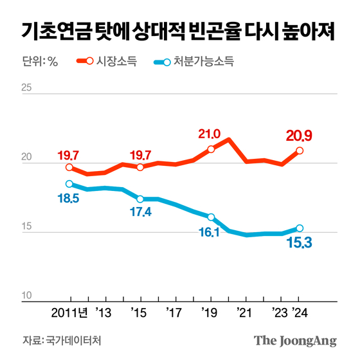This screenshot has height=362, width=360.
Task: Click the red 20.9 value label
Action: point(299,136)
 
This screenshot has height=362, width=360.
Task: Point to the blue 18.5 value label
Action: point(69,200)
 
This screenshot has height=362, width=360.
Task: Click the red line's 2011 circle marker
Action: point(69,168)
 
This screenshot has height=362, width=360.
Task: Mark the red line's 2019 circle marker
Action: point(211,150)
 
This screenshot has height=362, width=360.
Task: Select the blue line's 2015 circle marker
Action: point(140,199)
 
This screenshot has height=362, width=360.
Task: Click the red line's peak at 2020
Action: point(229,140)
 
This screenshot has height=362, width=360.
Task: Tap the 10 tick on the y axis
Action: point(27,295)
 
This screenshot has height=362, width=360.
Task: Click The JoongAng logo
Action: point(295,341)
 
